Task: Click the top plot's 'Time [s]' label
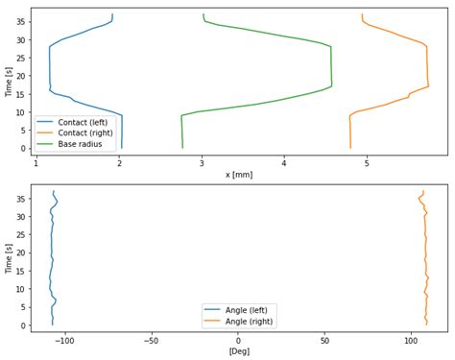[x=9, y=81]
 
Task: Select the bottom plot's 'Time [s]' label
[x=9, y=258]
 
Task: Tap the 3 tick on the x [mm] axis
[x=202, y=163]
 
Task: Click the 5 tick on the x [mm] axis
[x=368, y=163]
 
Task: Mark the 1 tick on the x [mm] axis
[x=36, y=163]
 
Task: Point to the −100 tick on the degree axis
[x=64, y=340]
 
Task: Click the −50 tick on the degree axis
[x=151, y=340]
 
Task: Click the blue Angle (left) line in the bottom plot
[x=52, y=259]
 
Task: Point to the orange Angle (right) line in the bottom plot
[x=425, y=259]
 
